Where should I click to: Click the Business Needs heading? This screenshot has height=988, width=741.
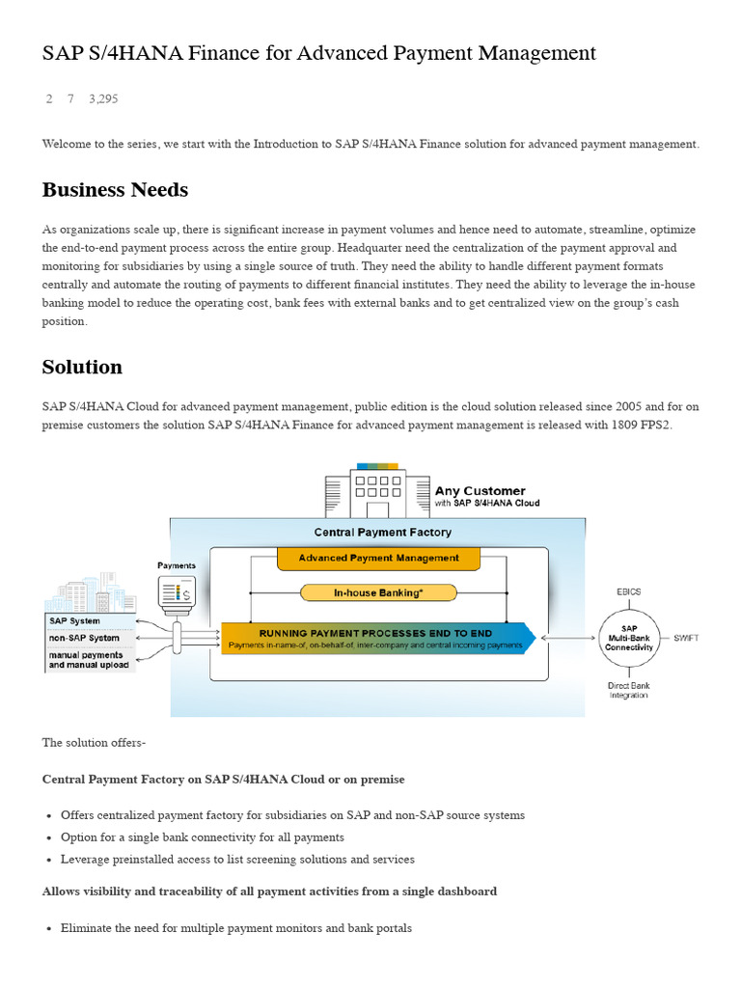[115, 190]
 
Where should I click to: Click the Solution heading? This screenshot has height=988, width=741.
[82, 367]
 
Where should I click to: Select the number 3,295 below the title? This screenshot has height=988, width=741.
[103, 99]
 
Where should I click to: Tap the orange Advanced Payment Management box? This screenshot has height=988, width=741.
[378, 558]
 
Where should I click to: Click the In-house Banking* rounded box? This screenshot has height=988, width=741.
[378, 591]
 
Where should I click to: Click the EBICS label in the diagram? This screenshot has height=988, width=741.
[629, 590]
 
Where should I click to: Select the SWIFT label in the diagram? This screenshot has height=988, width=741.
[686, 637]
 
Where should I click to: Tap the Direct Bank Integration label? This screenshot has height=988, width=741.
[628, 690]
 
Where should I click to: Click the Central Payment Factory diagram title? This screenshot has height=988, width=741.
[382, 532]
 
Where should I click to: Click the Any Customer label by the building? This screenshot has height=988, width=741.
[480, 491]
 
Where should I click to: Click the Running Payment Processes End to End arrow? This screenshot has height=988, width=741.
[376, 638]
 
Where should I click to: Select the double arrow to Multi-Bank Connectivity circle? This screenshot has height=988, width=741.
[568, 638]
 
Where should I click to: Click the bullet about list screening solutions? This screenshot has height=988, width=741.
[237, 859]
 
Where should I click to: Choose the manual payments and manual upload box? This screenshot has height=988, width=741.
[90, 660]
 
